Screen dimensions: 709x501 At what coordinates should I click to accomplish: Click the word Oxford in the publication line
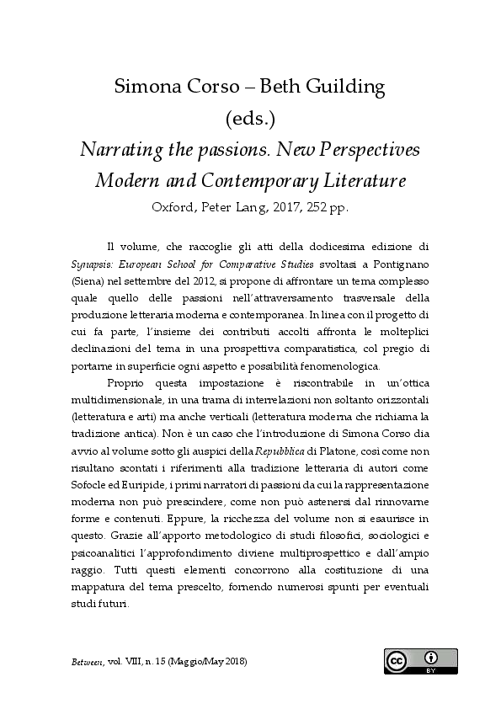tap(173, 207)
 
